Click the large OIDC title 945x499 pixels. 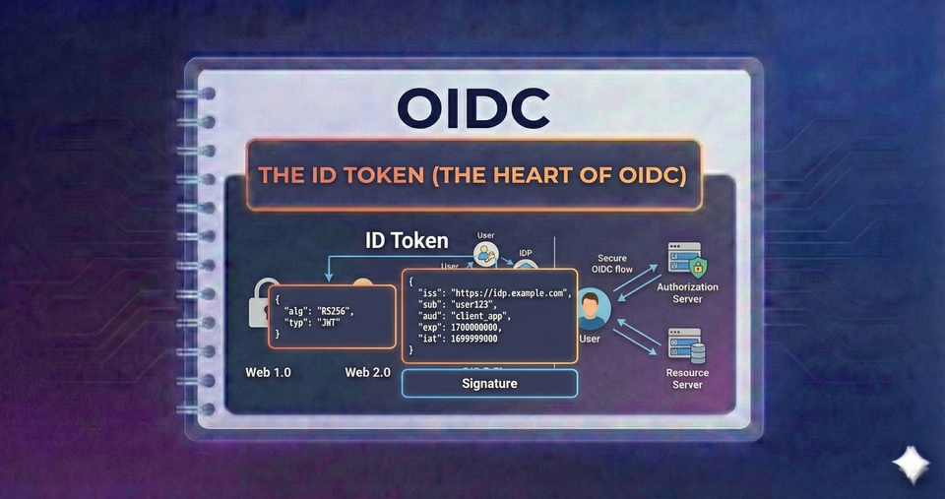click(x=472, y=107)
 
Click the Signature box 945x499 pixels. click(x=489, y=383)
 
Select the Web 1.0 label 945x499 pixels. click(x=268, y=373)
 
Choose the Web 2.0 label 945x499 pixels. click(x=369, y=373)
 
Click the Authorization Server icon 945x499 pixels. click(x=687, y=260)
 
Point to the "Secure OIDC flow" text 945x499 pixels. click(x=612, y=265)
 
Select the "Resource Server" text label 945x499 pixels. click(x=687, y=378)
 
